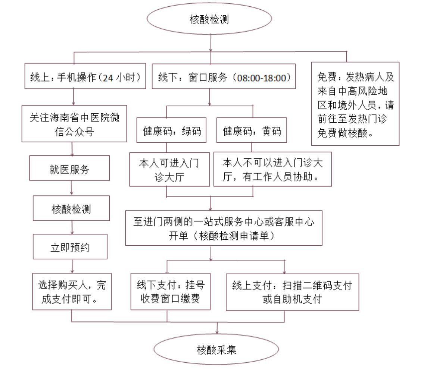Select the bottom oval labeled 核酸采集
coord(216,350)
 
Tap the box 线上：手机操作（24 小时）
coord(85,78)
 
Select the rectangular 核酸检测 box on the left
coord(71,208)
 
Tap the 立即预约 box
coord(71,247)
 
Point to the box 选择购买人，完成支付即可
coord(72,292)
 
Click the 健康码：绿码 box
coord(172,132)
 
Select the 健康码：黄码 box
coord(252,132)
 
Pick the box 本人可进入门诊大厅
coord(169,169)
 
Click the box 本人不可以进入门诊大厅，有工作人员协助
coord(272,169)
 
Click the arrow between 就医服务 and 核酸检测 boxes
coord(71,189)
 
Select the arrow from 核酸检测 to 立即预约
coord(71,227)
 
